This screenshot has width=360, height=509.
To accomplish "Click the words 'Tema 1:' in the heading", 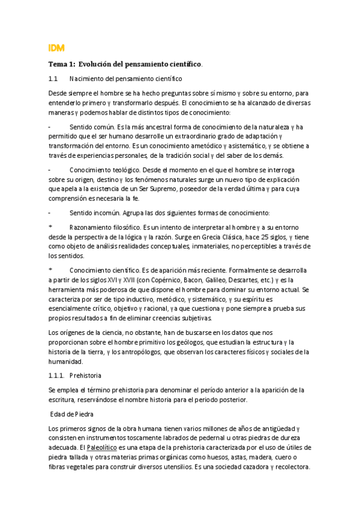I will tap(62, 64).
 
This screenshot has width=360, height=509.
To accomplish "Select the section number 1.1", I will tap(52, 79).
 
